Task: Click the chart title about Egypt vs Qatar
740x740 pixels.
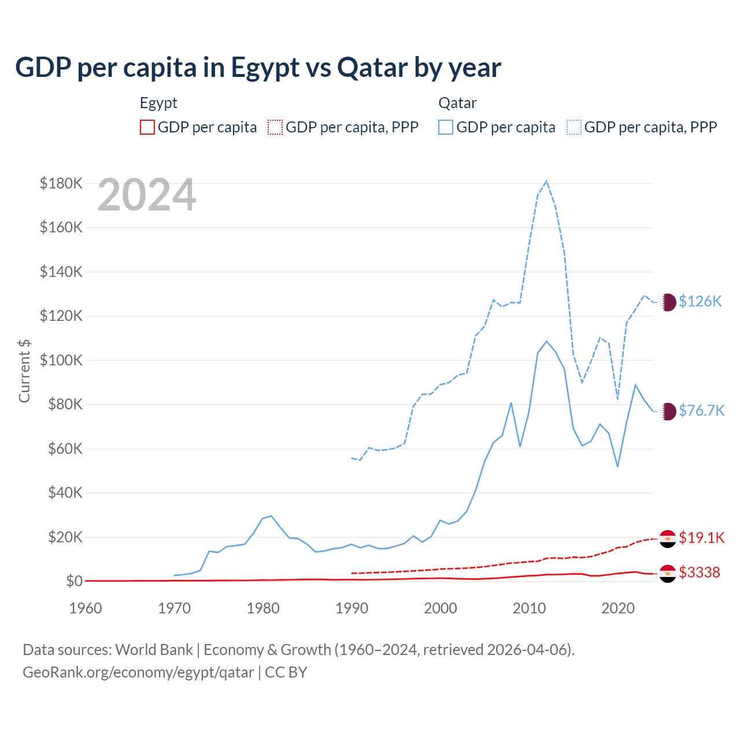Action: click(x=258, y=68)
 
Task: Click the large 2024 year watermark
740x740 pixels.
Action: click(x=147, y=195)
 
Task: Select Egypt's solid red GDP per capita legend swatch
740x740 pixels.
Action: click(x=147, y=127)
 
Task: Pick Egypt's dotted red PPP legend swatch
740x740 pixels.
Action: click(x=275, y=127)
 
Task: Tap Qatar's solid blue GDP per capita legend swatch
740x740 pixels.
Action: click(x=446, y=127)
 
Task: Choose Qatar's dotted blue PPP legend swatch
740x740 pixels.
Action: click(x=574, y=127)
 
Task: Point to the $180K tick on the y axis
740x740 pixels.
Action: click(x=61, y=183)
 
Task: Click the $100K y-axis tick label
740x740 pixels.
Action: click(x=61, y=360)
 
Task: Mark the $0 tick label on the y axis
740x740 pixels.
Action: click(x=75, y=581)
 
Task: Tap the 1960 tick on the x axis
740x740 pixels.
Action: click(x=86, y=608)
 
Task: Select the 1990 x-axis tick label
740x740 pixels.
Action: click(x=351, y=608)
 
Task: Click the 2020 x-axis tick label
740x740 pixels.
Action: click(x=618, y=608)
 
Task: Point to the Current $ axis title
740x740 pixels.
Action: click(x=24, y=371)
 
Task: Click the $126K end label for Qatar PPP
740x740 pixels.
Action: click(x=700, y=301)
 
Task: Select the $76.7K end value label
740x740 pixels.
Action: click(x=701, y=410)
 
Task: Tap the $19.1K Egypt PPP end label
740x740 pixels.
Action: click(x=701, y=538)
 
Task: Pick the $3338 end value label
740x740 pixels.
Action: click(x=700, y=572)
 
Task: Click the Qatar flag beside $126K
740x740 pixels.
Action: click(x=668, y=302)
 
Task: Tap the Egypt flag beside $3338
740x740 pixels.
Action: click(x=668, y=573)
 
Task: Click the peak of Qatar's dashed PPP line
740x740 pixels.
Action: click(x=546, y=181)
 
